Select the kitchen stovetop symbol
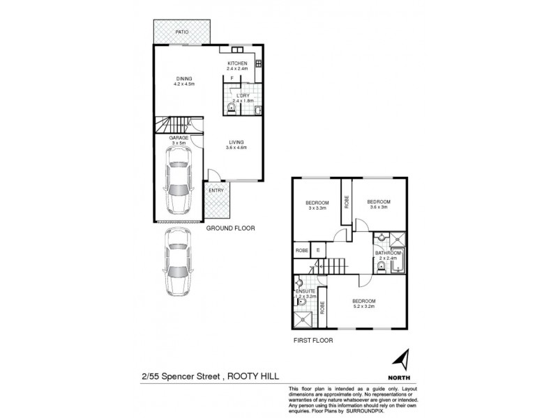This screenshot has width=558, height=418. [258, 64]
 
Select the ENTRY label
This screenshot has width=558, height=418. [217, 189]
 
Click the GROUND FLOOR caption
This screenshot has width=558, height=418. [231, 228]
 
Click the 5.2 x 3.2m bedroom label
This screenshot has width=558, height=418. [364, 304]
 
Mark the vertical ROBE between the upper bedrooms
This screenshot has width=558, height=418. [346, 202]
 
